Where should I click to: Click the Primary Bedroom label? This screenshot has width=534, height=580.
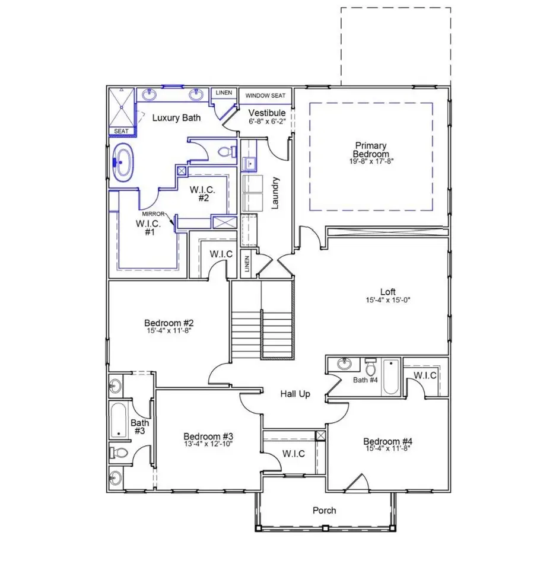coord(371,149)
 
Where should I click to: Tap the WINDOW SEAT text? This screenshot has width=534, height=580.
coord(266,95)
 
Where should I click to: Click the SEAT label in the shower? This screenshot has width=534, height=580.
coord(121,131)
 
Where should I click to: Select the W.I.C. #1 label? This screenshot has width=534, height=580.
coord(145,227)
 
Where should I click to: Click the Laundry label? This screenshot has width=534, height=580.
coord(275,192)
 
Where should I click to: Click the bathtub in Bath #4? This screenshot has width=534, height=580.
coord(390,377)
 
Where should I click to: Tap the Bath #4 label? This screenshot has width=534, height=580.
coord(365,380)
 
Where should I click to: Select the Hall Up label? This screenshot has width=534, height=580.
coord(295,394)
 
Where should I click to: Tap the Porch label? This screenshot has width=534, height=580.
coord(324,510)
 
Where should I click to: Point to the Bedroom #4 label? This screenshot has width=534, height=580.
coord(387,441)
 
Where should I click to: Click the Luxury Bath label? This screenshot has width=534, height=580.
coord(176,117)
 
